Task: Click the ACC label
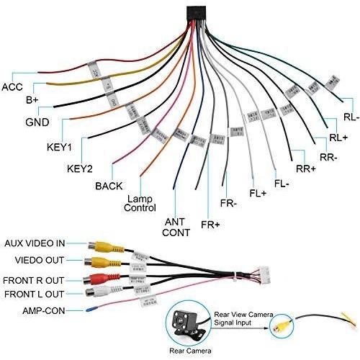13,86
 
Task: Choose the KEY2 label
80,170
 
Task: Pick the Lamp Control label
140,203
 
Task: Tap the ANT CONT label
176,227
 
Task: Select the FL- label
282,183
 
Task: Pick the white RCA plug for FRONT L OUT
95,292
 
